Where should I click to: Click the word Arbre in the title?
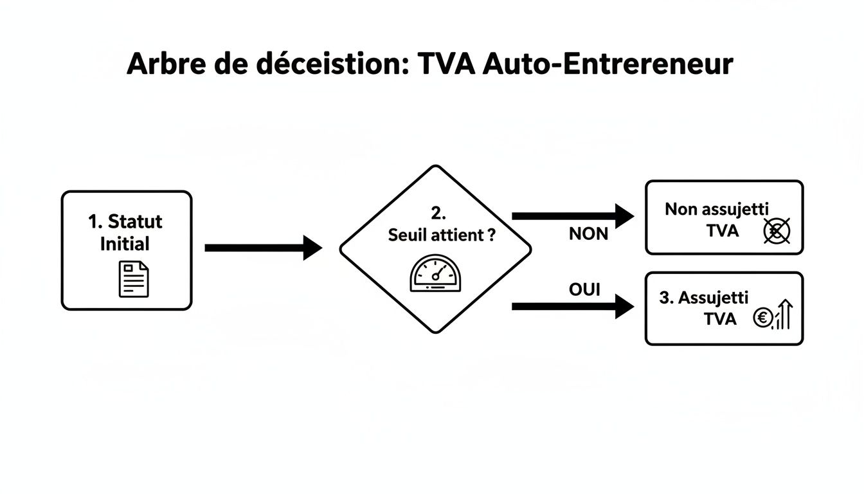pyautogui.click(x=165, y=65)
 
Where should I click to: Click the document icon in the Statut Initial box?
pyautogui.click(x=133, y=279)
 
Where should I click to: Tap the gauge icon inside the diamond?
pyautogui.click(x=435, y=273)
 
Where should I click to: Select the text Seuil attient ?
pyautogui.click(x=442, y=235)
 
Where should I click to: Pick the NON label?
pyautogui.click(x=588, y=234)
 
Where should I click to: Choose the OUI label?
pyautogui.click(x=584, y=290)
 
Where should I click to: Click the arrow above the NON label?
pyautogui.click(x=572, y=216)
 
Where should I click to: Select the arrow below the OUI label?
pyautogui.click(x=572, y=307)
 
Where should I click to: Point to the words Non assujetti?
pyautogui.click(x=717, y=209)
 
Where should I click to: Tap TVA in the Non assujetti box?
pyautogui.click(x=722, y=231)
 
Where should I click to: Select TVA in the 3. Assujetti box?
pyautogui.click(x=720, y=318)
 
